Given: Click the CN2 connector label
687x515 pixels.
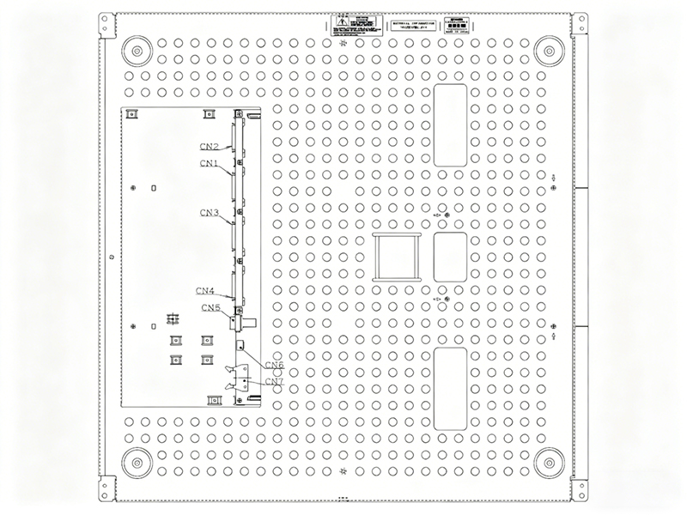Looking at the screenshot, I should [210, 147].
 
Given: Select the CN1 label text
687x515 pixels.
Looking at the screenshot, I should [210, 163].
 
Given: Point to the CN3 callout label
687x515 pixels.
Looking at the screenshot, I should [210, 212].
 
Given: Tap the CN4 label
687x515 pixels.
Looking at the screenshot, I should [205, 290].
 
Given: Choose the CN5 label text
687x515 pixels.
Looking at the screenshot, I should [211, 307].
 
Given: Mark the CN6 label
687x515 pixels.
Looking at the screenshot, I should [274, 366].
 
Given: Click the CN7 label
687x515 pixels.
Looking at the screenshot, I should [274, 381].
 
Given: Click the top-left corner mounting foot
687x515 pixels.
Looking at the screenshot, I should [137, 51].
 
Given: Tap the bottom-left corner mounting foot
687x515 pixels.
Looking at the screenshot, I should [137, 462].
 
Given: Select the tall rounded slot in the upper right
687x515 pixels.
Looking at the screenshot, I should [450, 124].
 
